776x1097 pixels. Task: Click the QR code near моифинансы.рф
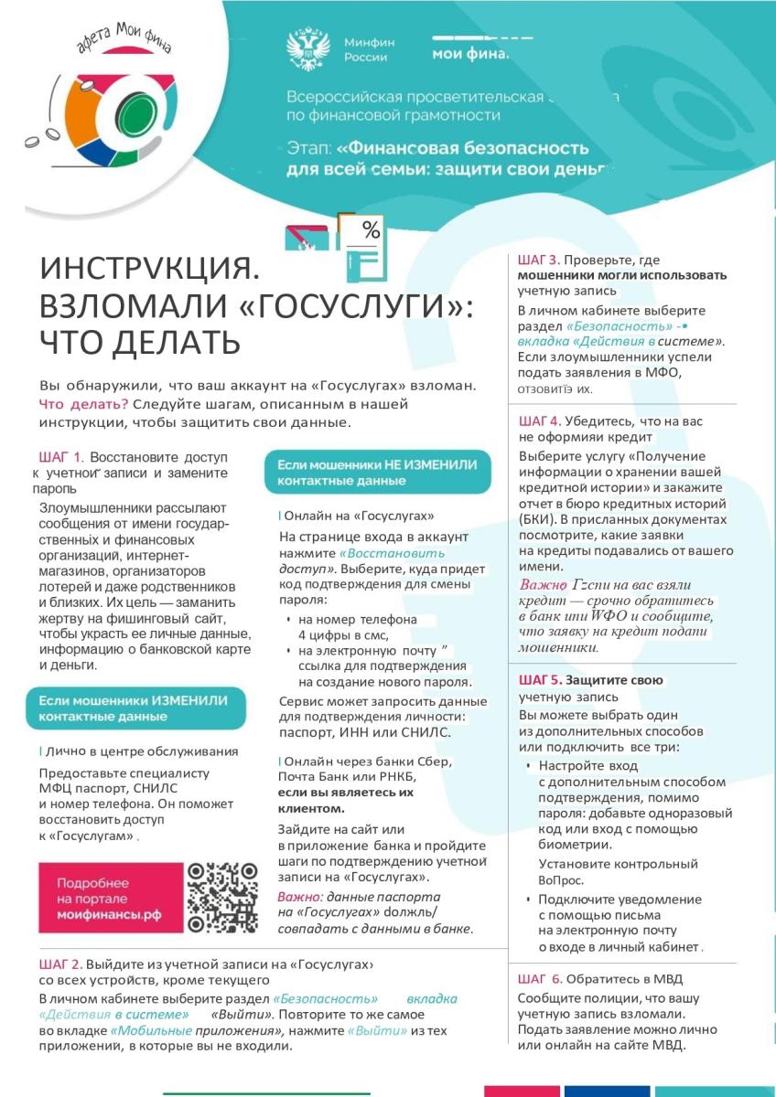click(222, 897)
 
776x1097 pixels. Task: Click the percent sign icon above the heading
click(371, 231)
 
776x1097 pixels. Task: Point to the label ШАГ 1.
click(61, 456)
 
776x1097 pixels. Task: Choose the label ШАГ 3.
click(539, 260)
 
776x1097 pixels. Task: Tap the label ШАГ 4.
click(539, 421)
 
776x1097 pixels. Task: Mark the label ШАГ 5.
click(539, 680)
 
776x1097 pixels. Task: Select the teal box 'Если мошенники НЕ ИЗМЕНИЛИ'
click(377, 473)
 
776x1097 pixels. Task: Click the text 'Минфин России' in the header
click(365, 49)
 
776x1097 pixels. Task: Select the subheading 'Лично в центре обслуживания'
click(129, 751)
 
